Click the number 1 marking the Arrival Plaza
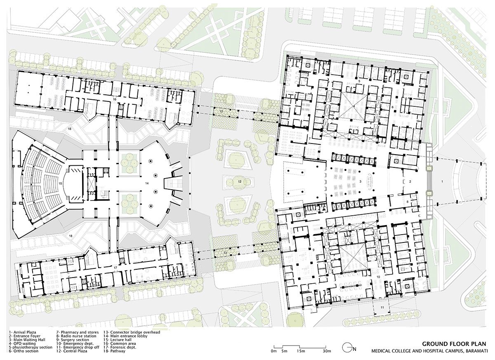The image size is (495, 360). point(443,181)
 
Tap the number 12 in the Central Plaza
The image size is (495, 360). point(239,181)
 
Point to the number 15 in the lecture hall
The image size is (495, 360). point(60,183)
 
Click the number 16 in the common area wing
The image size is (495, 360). point(115,99)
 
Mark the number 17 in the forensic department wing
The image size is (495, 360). point(116,268)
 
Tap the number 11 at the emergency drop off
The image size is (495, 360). point(382,308)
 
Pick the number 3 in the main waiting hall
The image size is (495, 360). point(360,181)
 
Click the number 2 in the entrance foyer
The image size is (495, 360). point(410,181)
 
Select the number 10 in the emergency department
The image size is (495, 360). point(378,276)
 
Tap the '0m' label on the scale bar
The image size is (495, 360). point(273,351)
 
